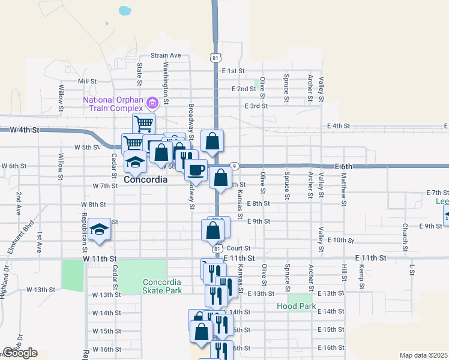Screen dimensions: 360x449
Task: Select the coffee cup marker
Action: (x=196, y=170)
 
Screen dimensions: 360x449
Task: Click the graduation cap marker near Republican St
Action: (x=99, y=229)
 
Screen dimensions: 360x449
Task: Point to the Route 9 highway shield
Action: (x=235, y=166)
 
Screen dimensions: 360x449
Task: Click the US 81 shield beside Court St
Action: (x=217, y=248)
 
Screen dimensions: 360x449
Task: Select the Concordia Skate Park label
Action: (x=162, y=286)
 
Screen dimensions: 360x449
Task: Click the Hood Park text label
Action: (x=297, y=306)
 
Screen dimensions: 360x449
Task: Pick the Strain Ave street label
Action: (x=166, y=55)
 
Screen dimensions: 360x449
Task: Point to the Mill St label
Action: (x=87, y=81)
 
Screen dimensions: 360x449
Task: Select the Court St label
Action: (x=238, y=248)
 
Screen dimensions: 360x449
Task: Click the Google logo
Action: (x=20, y=353)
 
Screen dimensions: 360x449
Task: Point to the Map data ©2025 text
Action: (x=424, y=355)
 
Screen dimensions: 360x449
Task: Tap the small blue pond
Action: (x=124, y=10)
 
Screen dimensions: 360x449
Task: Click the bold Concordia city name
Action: (x=145, y=179)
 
